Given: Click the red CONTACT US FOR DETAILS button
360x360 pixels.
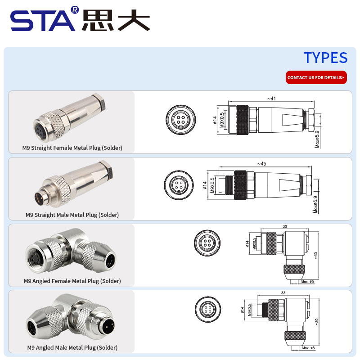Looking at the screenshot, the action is click(316, 77).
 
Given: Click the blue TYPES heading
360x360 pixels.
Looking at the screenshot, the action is click(325, 58).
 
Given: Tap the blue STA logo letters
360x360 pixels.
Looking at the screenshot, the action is click(43, 21).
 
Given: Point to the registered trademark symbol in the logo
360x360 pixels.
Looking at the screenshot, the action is click(75, 10).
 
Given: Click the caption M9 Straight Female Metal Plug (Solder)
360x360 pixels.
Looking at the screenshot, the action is click(72, 148).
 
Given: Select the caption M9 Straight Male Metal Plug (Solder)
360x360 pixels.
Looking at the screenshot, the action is click(72, 215).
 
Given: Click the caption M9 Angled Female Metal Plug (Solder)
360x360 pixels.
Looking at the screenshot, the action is click(72, 281).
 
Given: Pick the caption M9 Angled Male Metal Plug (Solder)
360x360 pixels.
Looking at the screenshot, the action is click(72, 347).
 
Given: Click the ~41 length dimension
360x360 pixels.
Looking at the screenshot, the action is click(271, 99).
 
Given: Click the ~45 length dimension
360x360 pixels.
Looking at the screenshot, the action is click(261, 164).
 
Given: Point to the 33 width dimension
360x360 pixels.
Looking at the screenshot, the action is click(283, 293).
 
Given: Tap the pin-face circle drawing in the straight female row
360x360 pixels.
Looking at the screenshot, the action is click(181, 120).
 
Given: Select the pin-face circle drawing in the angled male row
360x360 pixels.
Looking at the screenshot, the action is click(208, 309).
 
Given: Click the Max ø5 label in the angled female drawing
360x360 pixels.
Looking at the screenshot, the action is click(307, 282).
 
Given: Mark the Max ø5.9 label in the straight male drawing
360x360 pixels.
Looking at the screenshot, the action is click(315, 204).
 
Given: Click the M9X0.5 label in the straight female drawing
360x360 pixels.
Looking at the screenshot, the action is click(222, 120).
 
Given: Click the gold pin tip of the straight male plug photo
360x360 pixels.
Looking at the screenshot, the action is click(38, 197).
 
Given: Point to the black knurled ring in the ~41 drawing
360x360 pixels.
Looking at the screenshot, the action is click(242, 120).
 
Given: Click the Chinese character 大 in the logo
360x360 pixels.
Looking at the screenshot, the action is click(134, 20).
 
